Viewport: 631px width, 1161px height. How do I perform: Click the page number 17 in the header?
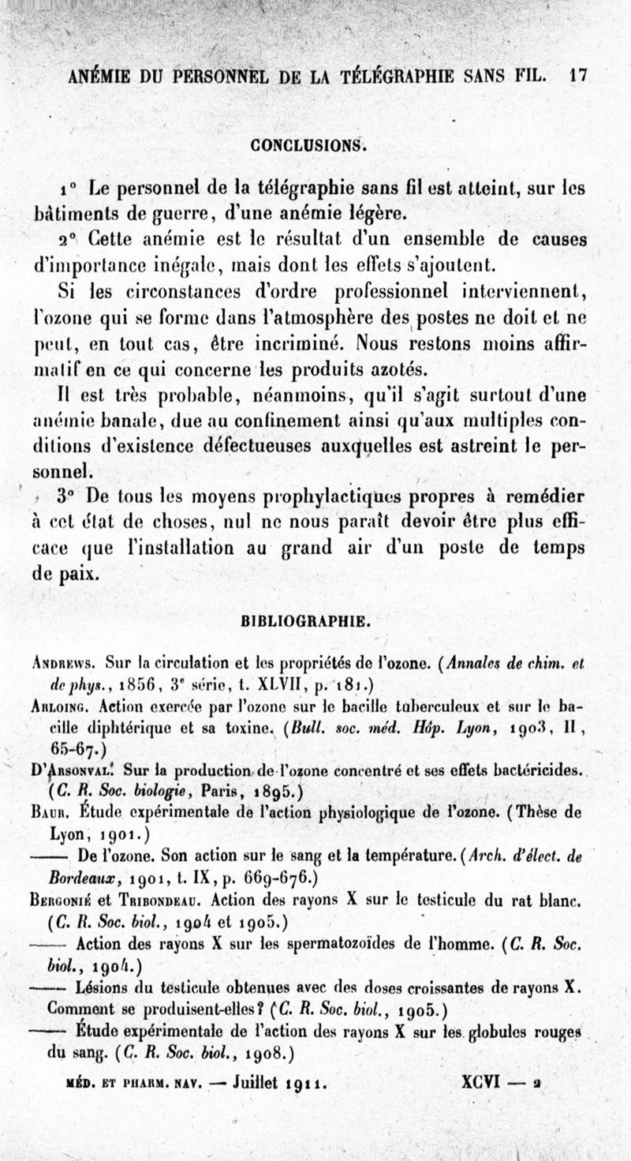tap(579, 77)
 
